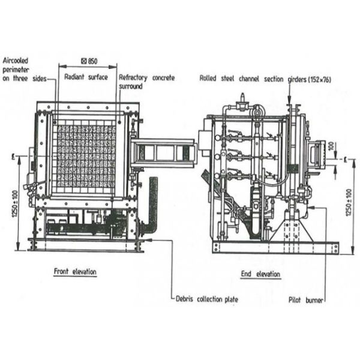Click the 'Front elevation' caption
[75, 272]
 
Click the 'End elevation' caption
[260, 274]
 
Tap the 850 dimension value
[92, 61]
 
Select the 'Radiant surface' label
[86, 77]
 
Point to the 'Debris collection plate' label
[207, 299]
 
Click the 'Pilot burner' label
[306, 300]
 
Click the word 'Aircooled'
[16, 61]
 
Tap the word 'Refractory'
[133, 77]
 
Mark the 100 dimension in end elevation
[331, 146]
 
